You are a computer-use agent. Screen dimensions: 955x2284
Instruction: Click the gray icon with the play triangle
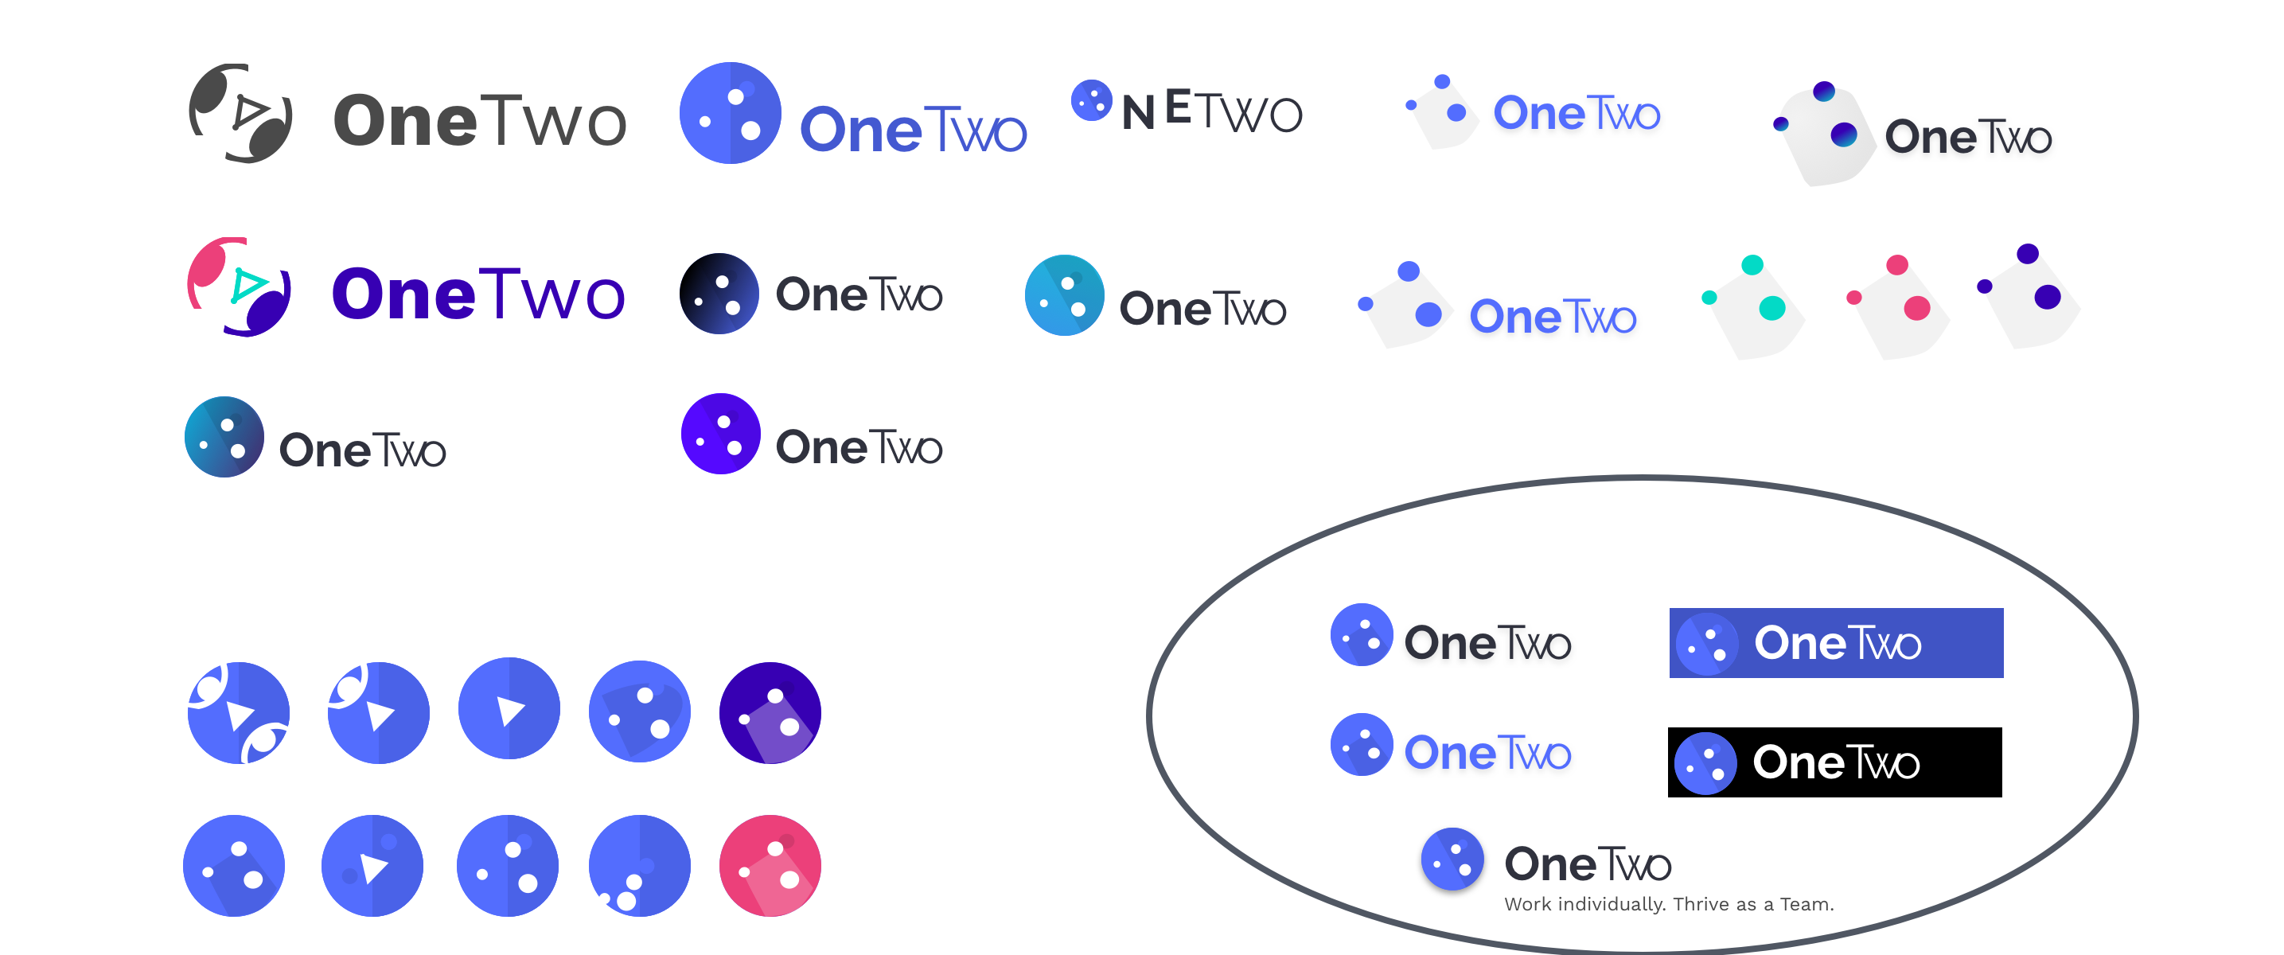coord(240,114)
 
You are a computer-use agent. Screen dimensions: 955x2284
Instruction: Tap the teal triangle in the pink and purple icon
coord(248,285)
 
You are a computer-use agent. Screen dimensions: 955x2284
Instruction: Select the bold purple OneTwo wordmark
coord(478,294)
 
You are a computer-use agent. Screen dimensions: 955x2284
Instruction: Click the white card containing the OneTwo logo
coord(1908,131)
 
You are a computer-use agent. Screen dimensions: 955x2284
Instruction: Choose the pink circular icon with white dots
coord(770,864)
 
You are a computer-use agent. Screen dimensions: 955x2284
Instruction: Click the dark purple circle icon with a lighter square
coord(770,712)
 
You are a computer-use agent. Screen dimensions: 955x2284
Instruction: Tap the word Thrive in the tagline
coord(1701,904)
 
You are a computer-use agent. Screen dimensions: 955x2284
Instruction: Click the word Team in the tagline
coord(1805,904)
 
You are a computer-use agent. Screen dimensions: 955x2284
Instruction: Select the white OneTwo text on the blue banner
coord(1837,643)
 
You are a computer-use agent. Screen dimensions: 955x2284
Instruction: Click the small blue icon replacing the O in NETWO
coord(1091,100)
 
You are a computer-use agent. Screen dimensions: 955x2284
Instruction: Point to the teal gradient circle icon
coord(1064,295)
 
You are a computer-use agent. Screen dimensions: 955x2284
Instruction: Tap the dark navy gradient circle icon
coord(719,294)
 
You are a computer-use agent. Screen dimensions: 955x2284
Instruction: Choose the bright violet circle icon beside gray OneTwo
coord(720,434)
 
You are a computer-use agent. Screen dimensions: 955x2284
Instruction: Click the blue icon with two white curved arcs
coord(239,713)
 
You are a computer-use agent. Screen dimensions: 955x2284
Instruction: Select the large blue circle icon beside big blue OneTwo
coord(730,113)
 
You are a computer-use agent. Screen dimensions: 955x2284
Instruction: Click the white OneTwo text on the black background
coord(1835,762)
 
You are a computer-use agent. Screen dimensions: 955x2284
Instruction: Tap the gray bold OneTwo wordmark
coord(480,121)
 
